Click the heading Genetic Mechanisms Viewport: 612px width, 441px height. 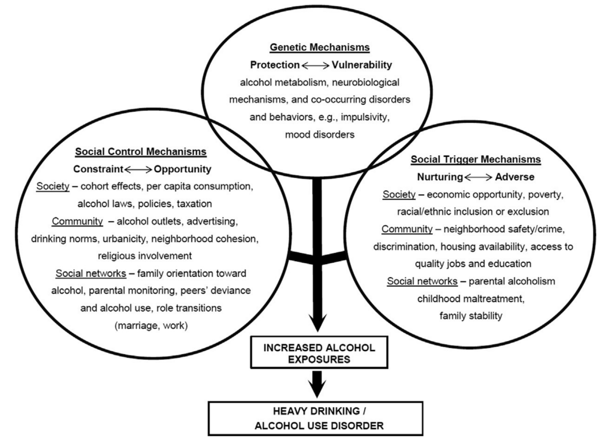320,47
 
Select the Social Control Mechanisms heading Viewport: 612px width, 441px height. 141,152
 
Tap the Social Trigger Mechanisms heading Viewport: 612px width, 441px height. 476,159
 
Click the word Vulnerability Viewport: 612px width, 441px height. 362,65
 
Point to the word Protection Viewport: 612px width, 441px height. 275,65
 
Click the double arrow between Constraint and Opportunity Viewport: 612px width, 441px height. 138,170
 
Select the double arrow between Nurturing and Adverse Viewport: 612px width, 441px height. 478,178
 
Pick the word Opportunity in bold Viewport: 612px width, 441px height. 182,170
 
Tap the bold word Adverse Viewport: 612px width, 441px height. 515,177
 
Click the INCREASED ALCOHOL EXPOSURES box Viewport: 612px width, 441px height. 319,352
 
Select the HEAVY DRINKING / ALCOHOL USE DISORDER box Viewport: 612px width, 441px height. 315,419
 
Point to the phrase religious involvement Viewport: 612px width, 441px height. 145,256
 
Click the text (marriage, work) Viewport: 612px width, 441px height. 151,326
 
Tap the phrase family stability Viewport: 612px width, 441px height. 471,316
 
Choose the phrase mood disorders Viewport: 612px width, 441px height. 320,135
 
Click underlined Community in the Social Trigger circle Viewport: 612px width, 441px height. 407,229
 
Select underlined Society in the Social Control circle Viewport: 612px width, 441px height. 53,186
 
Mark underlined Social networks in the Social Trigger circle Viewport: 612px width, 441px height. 422,281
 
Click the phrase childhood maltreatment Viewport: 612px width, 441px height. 471,299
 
